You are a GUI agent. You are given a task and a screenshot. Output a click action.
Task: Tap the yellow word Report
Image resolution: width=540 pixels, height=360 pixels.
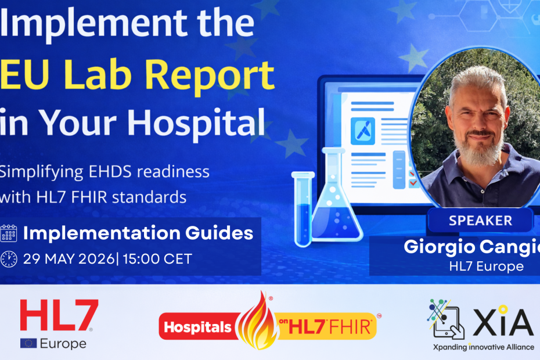coord(214,75)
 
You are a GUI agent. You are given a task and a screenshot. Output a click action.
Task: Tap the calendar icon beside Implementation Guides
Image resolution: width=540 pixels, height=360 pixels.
coord(9,233)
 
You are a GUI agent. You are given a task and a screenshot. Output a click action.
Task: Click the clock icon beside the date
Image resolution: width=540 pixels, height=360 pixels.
coord(9,259)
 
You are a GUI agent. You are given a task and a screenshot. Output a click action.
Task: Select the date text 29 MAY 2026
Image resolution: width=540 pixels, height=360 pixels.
coord(69,259)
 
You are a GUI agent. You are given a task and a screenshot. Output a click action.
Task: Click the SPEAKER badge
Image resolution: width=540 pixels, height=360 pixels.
coord(480,221)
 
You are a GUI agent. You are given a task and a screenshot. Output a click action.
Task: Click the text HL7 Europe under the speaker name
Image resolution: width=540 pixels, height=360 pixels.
coord(486,267)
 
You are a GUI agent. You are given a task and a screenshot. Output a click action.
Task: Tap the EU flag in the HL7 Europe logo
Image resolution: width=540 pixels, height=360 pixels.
coord(28,343)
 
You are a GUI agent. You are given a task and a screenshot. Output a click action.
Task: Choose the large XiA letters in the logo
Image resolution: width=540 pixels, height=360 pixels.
coord(503,322)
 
